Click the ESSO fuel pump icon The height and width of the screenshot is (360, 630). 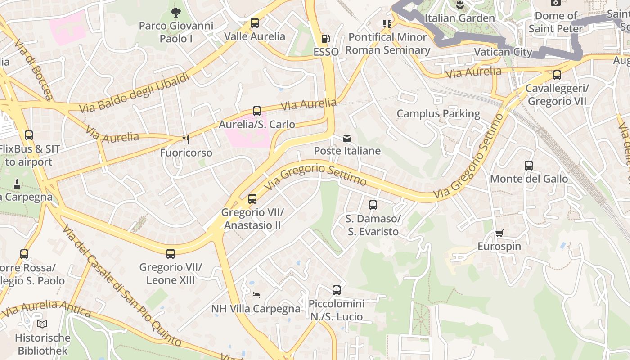[325, 39]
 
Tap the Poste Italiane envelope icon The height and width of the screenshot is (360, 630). [347, 138]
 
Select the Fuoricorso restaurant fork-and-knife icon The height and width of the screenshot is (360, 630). [185, 139]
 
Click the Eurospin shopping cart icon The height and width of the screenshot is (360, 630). [499, 233]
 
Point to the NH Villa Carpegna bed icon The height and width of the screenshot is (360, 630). [256, 295]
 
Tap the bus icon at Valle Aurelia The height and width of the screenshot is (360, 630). [255, 23]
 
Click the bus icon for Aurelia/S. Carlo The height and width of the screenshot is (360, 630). [257, 111]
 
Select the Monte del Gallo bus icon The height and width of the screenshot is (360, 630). [529, 166]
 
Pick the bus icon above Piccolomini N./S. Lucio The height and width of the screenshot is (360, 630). [337, 290]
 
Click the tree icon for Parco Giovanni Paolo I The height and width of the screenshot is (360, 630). [176, 13]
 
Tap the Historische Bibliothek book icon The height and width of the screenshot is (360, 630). [42, 324]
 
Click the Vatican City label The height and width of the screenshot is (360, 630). [503, 52]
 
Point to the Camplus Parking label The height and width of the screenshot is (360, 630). [438, 113]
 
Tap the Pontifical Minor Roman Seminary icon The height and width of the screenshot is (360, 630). [387, 23]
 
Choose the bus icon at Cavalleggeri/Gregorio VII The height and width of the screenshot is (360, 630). [557, 75]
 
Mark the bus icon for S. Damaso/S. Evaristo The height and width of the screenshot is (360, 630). [373, 205]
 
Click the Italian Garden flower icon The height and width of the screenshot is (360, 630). [459, 5]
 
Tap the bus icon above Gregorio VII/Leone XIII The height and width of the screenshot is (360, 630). [171, 254]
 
